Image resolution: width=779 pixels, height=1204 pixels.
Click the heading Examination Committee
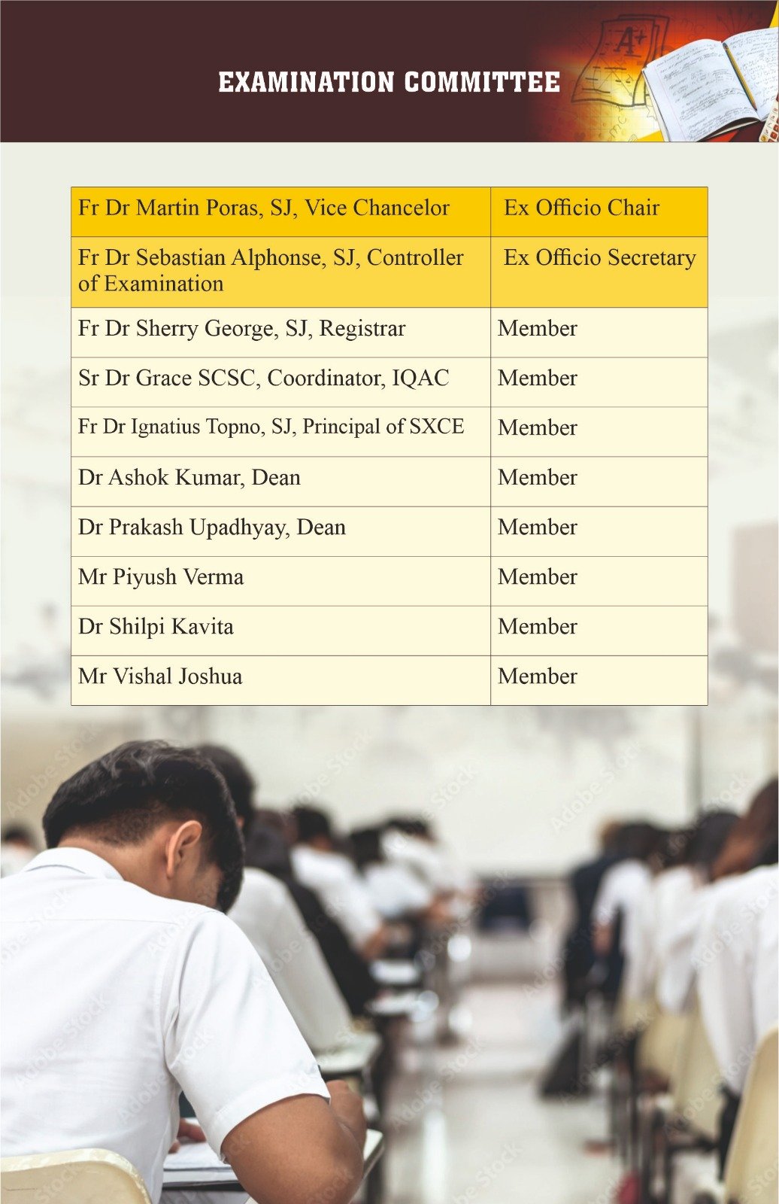coord(389,82)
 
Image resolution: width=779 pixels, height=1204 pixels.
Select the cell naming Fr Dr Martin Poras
coord(263,208)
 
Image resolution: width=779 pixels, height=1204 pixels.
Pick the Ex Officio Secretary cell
coord(599,257)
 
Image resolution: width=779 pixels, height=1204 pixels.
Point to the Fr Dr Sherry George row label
coord(241,329)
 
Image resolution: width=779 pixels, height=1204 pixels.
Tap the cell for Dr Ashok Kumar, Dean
coord(189,478)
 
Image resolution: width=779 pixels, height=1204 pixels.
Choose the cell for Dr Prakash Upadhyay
coord(211,528)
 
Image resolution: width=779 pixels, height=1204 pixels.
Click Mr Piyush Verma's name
coord(161,577)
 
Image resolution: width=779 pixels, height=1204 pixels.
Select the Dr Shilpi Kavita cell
coord(156,627)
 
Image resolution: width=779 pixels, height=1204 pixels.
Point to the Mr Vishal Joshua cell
coord(160,676)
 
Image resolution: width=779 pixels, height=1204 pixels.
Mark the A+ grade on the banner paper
coord(629,41)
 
